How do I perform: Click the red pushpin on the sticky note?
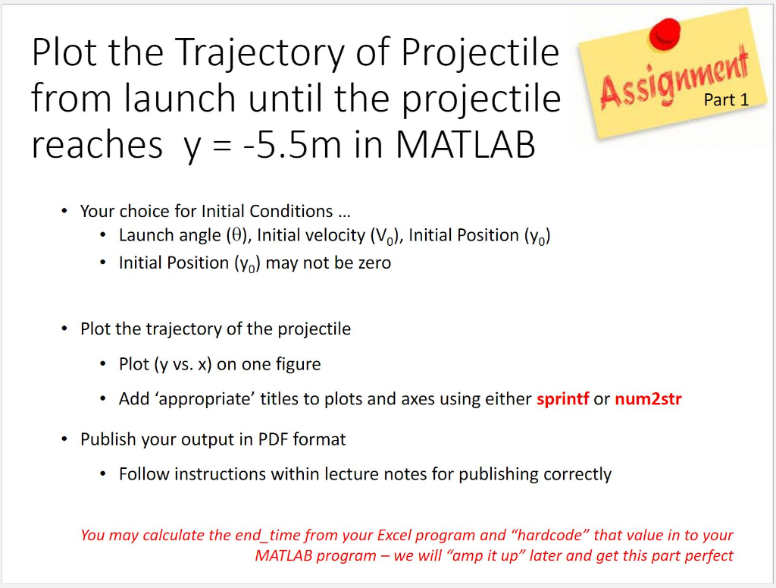point(665,33)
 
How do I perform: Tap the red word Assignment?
point(674,78)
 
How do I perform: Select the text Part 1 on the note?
point(726,99)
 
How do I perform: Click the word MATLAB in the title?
point(466,144)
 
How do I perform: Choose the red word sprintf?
point(563,399)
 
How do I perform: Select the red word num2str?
point(649,399)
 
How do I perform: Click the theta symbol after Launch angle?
point(237,234)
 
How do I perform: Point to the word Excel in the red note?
point(393,535)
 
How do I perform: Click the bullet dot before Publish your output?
point(64,439)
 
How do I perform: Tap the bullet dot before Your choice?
point(64,211)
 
